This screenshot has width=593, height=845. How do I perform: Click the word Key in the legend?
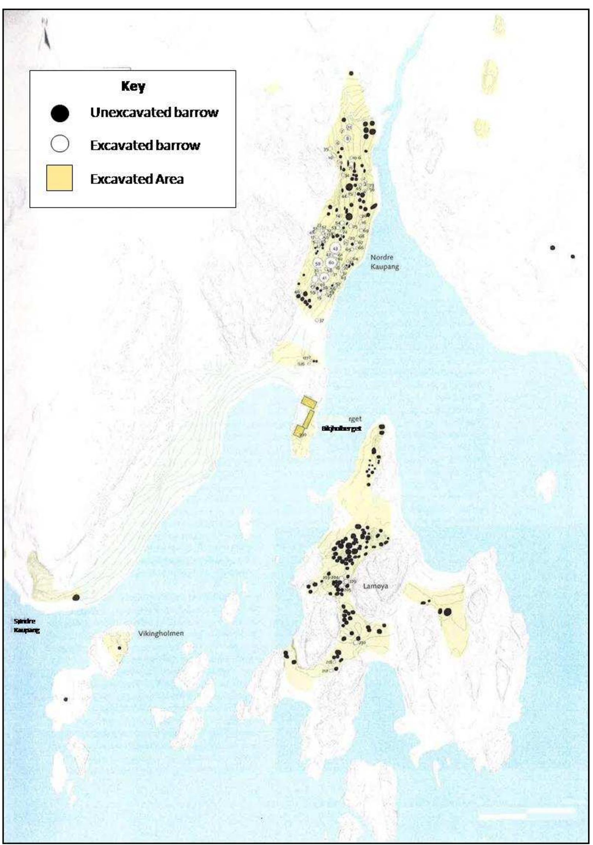click(133, 87)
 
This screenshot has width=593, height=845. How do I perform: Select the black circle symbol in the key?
click(60, 113)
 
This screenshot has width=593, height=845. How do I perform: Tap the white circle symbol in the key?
click(60, 144)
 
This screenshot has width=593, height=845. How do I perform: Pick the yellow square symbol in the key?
click(59, 178)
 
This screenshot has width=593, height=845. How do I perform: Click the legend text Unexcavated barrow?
click(154, 112)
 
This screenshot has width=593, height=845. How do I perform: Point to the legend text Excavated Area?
click(137, 179)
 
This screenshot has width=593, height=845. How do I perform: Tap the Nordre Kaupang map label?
click(384, 262)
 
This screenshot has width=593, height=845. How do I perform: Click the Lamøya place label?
click(375, 586)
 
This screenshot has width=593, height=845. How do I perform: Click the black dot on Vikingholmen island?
click(119, 648)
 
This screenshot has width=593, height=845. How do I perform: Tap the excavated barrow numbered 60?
click(331, 262)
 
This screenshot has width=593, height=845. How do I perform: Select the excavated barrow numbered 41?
click(324, 278)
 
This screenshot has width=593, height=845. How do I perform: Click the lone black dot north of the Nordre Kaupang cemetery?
click(351, 74)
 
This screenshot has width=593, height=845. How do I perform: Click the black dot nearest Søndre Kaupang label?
click(76, 597)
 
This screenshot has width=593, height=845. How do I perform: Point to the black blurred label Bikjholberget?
click(341, 429)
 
